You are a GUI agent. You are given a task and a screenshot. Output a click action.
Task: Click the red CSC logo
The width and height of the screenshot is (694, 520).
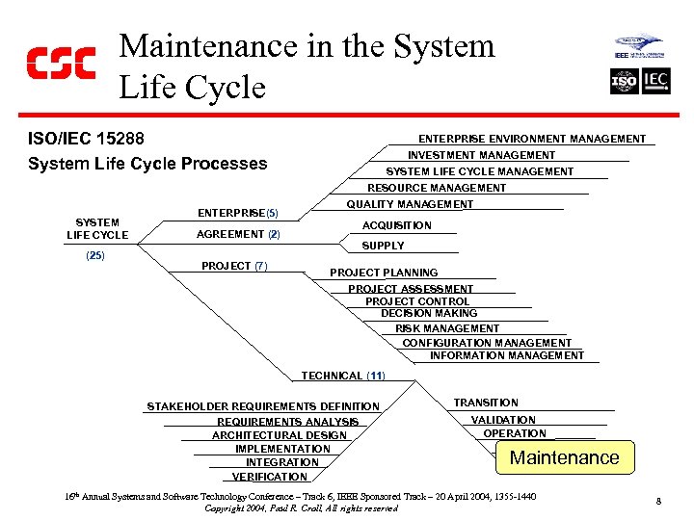pos(60,63)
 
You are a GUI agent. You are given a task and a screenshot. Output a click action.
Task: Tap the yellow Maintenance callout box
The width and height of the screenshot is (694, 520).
pos(564,457)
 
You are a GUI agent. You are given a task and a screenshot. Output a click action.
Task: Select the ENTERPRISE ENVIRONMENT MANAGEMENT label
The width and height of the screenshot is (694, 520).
pos(532,139)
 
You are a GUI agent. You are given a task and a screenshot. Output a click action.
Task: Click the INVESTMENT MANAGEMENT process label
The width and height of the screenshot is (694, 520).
pos(481,155)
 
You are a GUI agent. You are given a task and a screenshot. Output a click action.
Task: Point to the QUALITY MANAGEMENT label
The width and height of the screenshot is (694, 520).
pos(410,204)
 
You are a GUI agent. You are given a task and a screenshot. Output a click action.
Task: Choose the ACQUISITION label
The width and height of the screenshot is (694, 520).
pos(396,225)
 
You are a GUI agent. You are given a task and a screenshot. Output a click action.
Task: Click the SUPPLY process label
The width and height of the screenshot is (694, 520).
pos(383,246)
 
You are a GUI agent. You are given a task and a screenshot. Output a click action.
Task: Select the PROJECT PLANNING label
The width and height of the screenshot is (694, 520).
pos(384,273)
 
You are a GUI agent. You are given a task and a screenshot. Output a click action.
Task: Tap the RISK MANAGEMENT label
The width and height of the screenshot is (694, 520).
pos(447,328)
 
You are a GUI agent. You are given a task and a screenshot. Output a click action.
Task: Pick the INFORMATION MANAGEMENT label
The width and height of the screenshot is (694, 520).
pos(506,355)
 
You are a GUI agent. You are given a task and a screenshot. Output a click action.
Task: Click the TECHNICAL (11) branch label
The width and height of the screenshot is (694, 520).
pos(343,376)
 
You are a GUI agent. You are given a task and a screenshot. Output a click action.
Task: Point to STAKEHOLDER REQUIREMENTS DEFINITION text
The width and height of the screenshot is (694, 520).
pos(263,406)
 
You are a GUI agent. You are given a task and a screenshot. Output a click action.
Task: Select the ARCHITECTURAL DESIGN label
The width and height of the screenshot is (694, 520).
pos(280,435)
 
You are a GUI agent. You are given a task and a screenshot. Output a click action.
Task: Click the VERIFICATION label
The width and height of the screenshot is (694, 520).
pos(270,477)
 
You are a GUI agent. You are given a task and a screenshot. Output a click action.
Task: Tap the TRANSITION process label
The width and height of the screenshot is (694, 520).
pos(486,403)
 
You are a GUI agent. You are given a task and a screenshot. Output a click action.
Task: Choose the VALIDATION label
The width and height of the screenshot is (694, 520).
pos(503,420)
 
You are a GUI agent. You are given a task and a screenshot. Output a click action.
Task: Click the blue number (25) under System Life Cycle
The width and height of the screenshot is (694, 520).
pos(95,255)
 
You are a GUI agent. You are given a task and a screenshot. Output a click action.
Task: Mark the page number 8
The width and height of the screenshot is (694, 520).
pos(657,501)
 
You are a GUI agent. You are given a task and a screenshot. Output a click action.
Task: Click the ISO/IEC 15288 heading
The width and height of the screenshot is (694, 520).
pos(87,139)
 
